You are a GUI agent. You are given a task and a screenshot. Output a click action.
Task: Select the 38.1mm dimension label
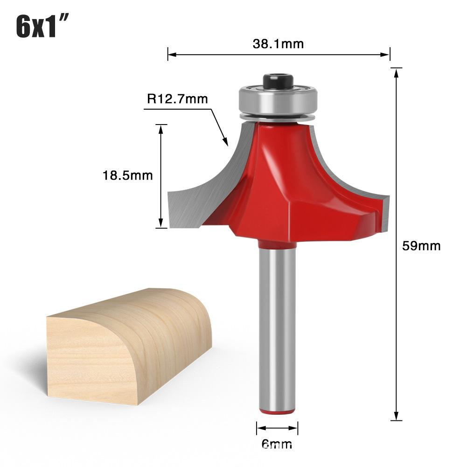278,44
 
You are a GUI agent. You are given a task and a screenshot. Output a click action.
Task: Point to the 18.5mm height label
128,175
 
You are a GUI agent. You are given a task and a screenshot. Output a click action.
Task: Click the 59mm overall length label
421,246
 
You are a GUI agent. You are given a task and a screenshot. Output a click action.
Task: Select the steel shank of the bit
277,327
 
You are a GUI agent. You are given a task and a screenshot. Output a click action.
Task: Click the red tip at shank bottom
277,411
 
